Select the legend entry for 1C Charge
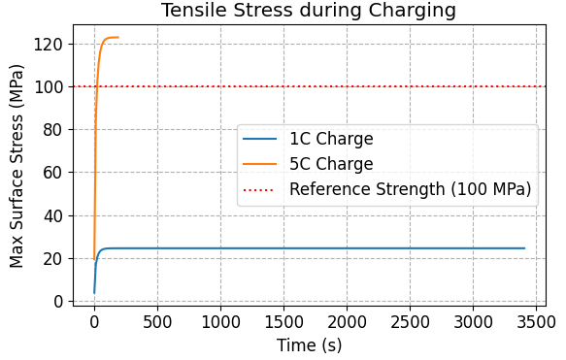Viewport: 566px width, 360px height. (x=331, y=139)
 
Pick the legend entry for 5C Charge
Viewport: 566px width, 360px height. (x=331, y=164)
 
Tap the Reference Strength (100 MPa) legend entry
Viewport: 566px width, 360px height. (x=410, y=189)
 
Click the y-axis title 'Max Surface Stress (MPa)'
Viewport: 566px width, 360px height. (x=17, y=167)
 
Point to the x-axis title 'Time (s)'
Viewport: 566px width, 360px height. (x=310, y=344)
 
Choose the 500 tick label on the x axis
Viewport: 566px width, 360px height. (x=156, y=321)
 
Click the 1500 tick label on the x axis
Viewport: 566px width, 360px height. (x=283, y=321)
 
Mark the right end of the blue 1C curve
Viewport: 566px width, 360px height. (x=524, y=248)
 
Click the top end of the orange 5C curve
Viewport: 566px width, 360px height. (x=117, y=38)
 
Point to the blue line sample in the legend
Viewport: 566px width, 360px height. (x=262, y=139)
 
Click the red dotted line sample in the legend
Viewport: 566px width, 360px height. (x=262, y=189)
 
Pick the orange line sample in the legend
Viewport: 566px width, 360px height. (x=262, y=164)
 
